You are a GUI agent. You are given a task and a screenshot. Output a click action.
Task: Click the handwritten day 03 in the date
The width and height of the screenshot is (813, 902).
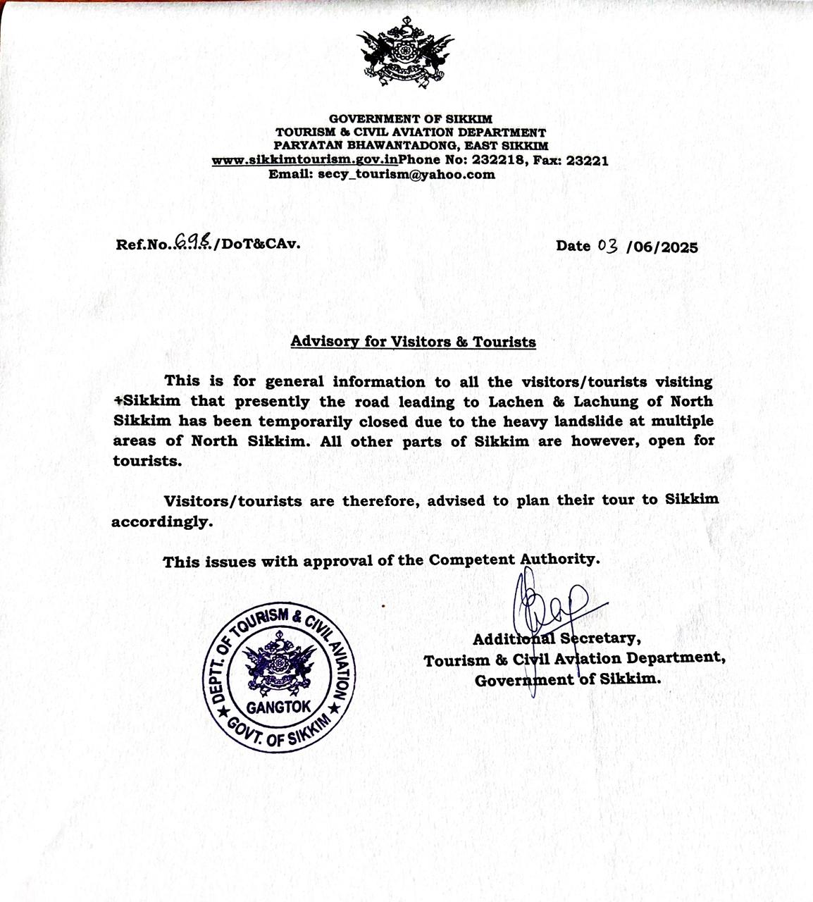tap(607, 245)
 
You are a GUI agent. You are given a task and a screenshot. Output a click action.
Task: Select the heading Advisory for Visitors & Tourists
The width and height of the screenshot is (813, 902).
tap(413, 342)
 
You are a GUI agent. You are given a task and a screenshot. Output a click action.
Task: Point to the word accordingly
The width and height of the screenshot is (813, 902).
tap(161, 522)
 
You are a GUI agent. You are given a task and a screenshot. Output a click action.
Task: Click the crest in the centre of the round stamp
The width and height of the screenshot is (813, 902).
tap(278, 667)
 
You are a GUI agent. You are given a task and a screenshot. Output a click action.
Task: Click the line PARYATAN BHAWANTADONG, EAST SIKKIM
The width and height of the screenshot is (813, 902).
tap(411, 146)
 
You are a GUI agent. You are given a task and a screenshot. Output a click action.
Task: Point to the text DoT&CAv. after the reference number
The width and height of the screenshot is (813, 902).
tap(261, 244)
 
